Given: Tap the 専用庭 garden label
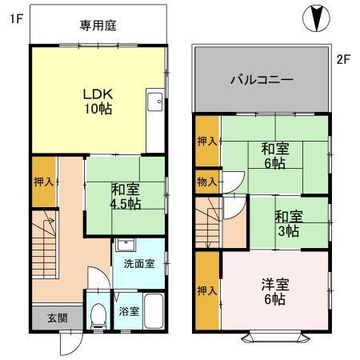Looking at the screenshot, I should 98,26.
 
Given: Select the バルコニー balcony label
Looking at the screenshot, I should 262,80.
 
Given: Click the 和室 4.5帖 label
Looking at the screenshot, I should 126,196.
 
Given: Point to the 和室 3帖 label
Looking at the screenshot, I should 289,222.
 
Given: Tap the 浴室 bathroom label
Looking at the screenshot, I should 129,310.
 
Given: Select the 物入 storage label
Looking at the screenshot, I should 206,182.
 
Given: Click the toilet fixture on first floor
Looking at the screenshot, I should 98,314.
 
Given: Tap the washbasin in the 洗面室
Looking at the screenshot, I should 125,246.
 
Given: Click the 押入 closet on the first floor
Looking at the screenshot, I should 43,182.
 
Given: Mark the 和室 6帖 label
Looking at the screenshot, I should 275,154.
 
